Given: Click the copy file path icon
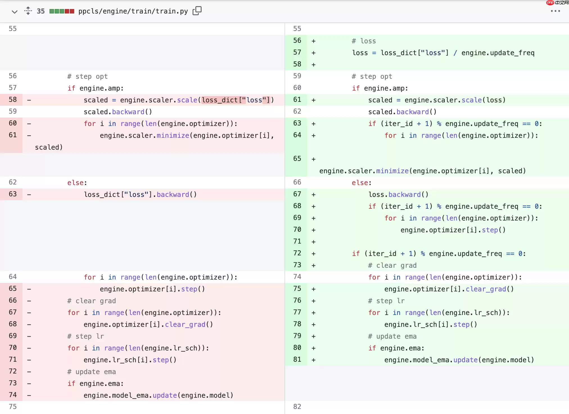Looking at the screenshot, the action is click(x=197, y=11).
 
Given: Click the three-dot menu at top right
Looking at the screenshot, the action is click(x=555, y=11).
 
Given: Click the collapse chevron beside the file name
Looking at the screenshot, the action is click(x=15, y=12).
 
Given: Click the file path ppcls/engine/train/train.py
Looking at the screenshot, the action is click(x=133, y=11).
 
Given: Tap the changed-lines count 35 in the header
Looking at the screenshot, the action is click(x=41, y=11).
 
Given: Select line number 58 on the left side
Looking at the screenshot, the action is click(x=13, y=100).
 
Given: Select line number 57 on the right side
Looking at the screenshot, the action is click(x=297, y=52).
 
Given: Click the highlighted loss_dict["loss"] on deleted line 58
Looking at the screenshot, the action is click(x=236, y=100).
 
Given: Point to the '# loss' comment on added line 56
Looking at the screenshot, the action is click(x=364, y=41).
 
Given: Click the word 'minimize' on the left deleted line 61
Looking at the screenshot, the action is click(x=173, y=136).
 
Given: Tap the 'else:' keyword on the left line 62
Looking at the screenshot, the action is click(x=77, y=183).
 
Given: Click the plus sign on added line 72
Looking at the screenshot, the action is click(x=313, y=254).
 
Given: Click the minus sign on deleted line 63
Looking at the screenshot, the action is click(x=29, y=195).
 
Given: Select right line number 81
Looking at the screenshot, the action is click(x=297, y=359).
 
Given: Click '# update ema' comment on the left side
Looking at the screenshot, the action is click(x=92, y=372).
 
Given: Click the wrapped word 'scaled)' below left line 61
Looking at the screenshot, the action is click(x=49, y=147).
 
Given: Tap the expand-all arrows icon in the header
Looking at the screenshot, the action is click(x=28, y=11).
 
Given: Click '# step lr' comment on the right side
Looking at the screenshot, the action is click(x=387, y=301).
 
